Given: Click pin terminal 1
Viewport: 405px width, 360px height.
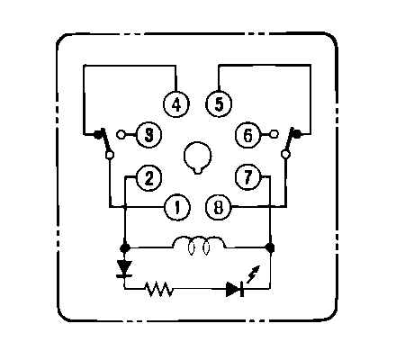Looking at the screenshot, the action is [177, 207].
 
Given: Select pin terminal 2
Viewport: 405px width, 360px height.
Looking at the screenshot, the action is [148, 178].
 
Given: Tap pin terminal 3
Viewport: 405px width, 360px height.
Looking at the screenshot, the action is [148, 135].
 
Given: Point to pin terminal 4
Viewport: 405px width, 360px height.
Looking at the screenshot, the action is [176, 104].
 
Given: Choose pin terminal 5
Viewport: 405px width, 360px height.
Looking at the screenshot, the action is [219, 103].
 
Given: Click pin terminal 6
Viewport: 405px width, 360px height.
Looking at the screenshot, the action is [247, 135].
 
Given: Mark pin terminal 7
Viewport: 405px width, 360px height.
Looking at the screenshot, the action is [247, 177].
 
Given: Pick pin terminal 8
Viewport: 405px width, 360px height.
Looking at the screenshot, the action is [219, 208].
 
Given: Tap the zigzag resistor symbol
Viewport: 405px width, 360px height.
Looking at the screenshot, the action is [158, 289].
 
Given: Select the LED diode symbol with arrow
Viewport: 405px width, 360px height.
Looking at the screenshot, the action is [235, 289].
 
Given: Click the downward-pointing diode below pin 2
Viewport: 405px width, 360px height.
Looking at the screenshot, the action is [124, 269].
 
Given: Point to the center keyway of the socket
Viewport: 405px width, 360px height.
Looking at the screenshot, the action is [197, 157].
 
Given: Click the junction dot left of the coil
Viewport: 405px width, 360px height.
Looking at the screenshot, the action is [125, 248].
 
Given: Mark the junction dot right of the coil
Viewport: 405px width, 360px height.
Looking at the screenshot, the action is [270, 247].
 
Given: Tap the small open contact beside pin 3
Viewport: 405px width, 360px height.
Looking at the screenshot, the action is [121, 134].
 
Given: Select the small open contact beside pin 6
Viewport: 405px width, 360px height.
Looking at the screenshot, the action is [274, 134].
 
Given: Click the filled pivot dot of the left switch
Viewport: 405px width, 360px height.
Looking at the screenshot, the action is [97, 134].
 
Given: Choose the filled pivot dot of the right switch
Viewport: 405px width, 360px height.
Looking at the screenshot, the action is [297, 134].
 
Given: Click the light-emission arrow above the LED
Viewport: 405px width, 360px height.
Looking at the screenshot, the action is [253, 274].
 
